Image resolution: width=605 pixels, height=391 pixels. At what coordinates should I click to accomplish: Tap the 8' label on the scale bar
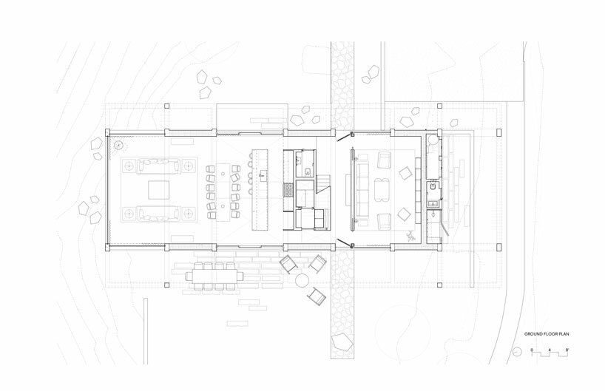567,350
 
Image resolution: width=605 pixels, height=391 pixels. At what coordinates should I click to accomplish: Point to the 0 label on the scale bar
532,350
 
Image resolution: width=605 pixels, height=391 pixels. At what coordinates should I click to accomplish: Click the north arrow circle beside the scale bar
517,352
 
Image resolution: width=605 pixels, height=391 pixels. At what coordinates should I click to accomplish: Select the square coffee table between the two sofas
158,190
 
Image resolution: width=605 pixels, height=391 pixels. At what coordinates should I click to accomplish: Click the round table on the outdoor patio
302,279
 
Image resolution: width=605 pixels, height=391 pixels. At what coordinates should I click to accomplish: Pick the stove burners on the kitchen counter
288,190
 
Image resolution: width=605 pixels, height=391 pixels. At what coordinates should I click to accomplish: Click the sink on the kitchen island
263,174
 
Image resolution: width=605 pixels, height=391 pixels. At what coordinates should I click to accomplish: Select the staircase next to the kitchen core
323,183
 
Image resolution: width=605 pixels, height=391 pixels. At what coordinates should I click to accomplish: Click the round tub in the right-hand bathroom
433,139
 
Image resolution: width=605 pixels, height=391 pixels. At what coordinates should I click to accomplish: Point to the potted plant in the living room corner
119,146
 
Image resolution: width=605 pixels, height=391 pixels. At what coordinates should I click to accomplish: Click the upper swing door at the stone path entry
344,137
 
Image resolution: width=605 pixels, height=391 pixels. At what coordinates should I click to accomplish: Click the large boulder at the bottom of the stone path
342,342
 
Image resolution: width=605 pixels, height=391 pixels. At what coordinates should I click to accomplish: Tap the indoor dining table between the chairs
223,192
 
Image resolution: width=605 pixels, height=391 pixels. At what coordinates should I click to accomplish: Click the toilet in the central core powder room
308,171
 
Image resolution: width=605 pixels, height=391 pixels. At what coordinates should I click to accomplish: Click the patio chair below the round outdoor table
317,296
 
